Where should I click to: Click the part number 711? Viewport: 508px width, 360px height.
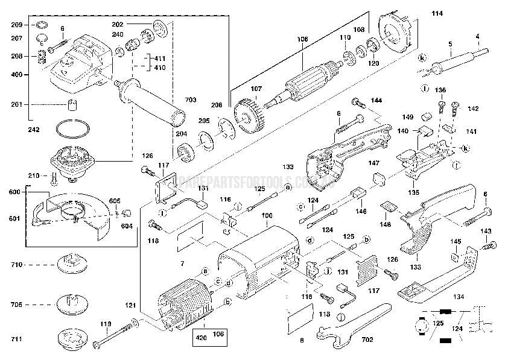tap(17, 340)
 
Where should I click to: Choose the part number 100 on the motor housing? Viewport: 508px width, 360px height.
tap(266, 215)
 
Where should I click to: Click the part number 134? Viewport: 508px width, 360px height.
tap(459, 297)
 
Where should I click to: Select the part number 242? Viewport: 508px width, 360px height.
tap(33, 128)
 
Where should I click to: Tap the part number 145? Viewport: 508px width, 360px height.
tap(457, 242)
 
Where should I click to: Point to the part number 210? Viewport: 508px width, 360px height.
tap(34, 175)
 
